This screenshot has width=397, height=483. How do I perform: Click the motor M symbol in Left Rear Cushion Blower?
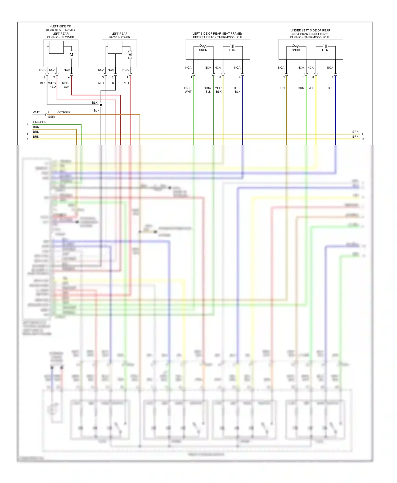pos(71,55)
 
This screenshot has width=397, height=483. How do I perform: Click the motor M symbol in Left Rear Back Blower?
pos(130,55)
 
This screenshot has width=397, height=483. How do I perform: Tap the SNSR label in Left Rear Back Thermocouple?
pos(203,50)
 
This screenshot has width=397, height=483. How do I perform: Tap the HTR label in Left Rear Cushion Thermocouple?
pos(325,50)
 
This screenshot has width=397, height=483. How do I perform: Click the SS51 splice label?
pos(52,117)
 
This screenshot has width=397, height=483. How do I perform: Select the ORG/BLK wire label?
pos(64,112)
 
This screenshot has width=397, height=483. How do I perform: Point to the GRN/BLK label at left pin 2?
pos(39,122)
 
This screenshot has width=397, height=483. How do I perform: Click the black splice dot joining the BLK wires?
pos(101,105)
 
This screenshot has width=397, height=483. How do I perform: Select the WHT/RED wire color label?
pos(52,85)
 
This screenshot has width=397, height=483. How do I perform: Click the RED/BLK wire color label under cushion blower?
pos(66,85)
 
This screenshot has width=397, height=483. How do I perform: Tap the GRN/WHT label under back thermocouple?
pos(188,90)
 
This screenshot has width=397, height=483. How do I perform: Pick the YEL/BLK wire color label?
pos(218,90)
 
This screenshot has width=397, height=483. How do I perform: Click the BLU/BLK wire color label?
pos(237,90)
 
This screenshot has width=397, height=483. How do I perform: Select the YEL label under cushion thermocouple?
pos(311,88)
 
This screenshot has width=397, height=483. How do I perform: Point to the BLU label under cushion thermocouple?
pos(331,88)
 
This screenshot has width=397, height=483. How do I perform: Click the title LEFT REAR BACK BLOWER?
pos(119,35)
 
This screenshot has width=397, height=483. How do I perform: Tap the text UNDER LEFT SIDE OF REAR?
pos(310,30)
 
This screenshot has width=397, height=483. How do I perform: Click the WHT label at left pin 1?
pos(36,112)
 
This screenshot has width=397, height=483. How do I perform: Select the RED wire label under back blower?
pos(126,83)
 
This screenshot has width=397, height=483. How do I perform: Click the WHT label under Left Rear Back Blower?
pos(101,83)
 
